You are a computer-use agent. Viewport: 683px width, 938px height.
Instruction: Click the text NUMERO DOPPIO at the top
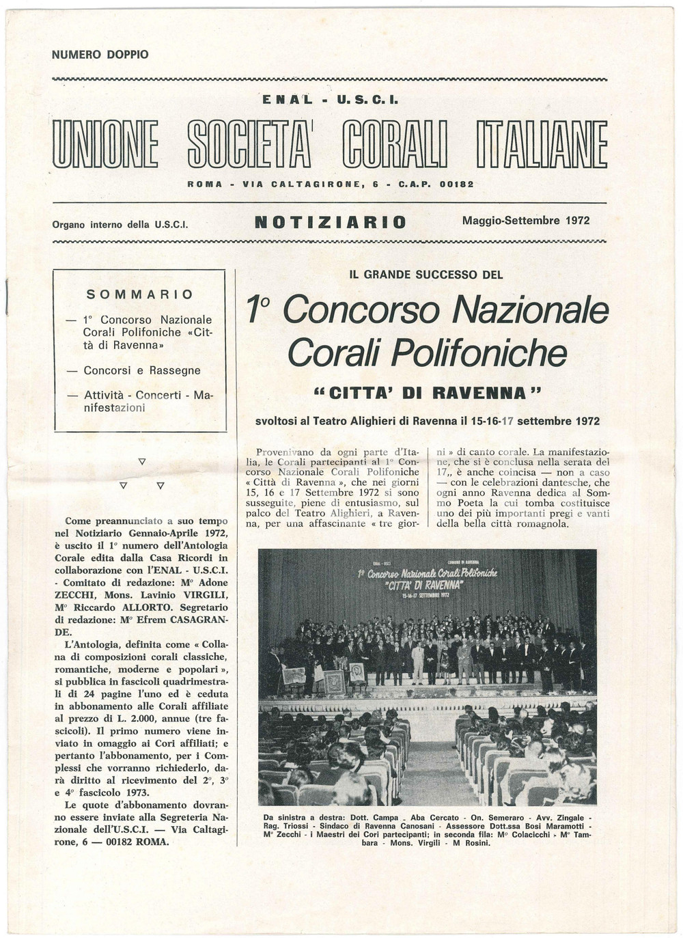tap(100, 55)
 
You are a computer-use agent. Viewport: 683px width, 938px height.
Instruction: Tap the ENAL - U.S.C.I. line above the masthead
tap(330, 100)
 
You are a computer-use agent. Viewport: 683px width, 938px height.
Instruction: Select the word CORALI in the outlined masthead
tap(395, 144)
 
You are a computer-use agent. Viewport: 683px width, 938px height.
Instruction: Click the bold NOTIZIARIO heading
tap(330, 222)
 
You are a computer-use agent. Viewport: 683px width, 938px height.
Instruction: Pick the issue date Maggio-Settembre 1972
tap(525, 221)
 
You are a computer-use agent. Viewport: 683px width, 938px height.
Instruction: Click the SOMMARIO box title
tap(140, 294)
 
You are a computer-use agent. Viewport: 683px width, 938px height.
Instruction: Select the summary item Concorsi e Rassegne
tap(142, 370)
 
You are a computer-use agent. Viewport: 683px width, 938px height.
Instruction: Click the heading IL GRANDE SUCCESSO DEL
tap(426, 275)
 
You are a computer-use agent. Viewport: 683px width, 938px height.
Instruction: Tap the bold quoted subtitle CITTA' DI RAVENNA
tap(427, 394)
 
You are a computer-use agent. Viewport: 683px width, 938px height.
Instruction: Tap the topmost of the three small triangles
tap(142, 462)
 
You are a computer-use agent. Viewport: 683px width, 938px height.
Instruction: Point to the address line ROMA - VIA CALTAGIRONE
tap(330, 184)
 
